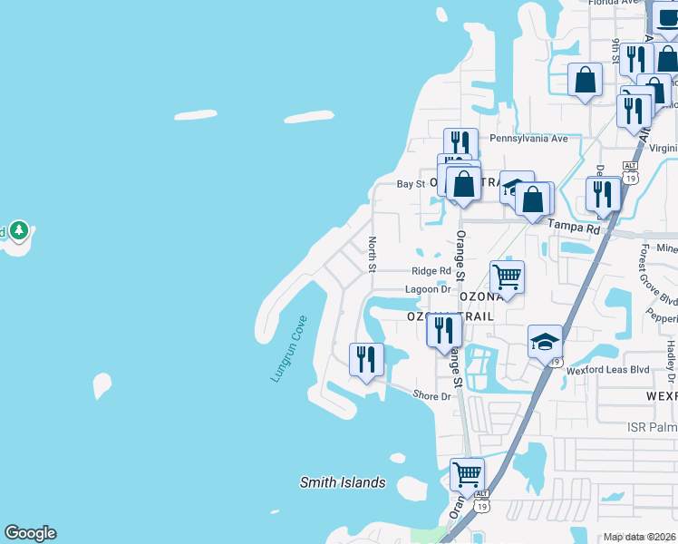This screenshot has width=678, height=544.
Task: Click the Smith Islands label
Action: point(343,483)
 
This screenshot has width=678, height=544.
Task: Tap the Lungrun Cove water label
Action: point(289,349)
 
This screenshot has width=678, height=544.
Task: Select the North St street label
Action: point(372,254)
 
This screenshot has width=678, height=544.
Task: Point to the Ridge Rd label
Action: point(431,271)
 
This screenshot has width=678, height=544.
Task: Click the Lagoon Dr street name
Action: point(427,289)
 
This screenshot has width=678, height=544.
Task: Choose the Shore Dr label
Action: point(431,396)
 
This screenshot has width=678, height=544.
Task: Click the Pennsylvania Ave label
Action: point(528,139)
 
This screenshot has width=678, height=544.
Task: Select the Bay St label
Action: point(411,184)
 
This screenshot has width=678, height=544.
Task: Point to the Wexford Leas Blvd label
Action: point(608,370)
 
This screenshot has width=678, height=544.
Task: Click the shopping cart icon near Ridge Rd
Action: point(507,277)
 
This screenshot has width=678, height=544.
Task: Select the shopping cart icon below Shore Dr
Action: point(467,473)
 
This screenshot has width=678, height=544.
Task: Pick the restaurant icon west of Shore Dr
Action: point(366,358)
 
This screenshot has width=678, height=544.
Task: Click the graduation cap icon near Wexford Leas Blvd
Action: point(545,341)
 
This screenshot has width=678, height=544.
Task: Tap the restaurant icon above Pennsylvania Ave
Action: point(460,143)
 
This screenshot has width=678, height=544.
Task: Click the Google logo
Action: point(30,533)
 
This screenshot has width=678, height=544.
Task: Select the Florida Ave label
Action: point(614,3)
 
